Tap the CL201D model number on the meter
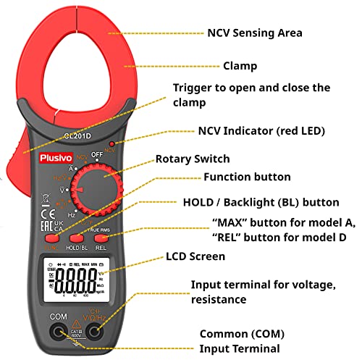click(77, 135)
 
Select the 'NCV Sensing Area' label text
click(255, 33)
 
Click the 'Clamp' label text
click(240, 66)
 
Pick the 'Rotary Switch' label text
click(193, 159)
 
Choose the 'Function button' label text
click(247, 177)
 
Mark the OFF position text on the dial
click(97, 154)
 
